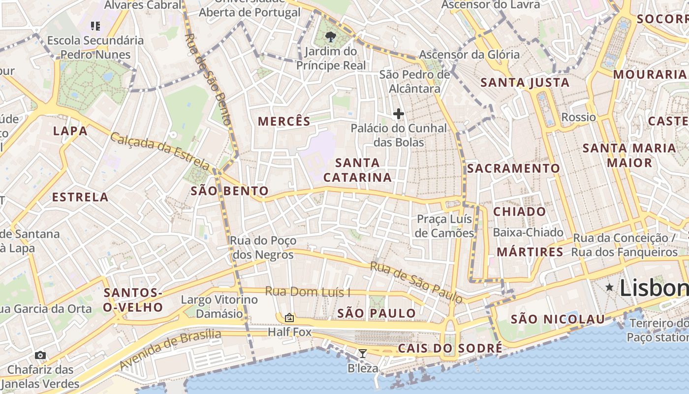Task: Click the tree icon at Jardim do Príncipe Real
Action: tap(331, 36)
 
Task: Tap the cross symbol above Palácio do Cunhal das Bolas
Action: tap(398, 114)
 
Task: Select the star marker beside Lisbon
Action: tap(609, 287)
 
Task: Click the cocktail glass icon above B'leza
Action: tap(363, 353)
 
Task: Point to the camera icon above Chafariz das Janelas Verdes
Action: tap(40, 355)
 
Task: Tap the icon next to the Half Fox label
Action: tap(289, 318)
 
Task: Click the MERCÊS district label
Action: tap(284, 121)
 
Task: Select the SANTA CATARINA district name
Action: tap(358, 170)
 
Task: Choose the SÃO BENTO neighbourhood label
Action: tap(230, 191)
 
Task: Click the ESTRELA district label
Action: tap(80, 197)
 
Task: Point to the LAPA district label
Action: tap(70, 131)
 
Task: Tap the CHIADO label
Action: tap(520, 212)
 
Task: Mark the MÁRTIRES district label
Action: tap(530, 252)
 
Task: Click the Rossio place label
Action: tap(579, 117)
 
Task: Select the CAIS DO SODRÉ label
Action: tap(450, 348)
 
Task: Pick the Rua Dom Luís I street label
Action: tap(308, 292)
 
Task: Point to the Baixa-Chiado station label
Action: tap(528, 232)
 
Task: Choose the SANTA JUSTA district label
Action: tap(525, 82)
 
